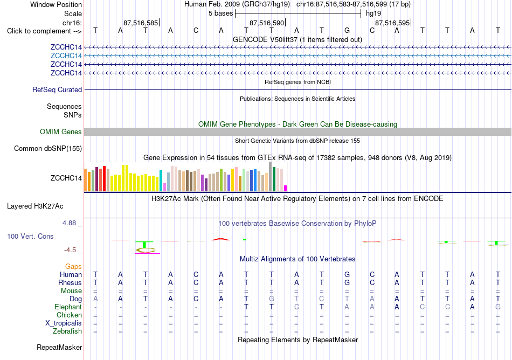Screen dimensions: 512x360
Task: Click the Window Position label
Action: (56, 4)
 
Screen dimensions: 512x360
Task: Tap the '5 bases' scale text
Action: (221, 13)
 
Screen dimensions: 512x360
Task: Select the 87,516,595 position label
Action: (392, 23)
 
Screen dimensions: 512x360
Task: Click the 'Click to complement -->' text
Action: (44, 31)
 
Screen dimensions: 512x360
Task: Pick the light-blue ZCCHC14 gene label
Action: (66, 56)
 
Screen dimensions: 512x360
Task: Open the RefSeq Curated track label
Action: (57, 90)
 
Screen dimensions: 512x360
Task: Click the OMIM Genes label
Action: (61, 131)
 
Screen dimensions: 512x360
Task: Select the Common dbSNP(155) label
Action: (47, 149)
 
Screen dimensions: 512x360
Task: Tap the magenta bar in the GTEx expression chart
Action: (286, 188)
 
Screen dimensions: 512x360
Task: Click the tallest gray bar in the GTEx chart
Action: (271, 177)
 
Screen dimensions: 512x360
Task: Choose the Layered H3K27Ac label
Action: (35, 206)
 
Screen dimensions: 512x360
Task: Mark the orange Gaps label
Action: (73, 267)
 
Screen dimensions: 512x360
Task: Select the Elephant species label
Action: (68, 307)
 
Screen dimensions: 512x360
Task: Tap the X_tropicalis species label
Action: (64, 323)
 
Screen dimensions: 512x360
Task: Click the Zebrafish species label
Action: (67, 331)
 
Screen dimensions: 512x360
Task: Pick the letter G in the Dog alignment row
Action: (271, 299)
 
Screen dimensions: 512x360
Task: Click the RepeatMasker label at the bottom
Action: (59, 347)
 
